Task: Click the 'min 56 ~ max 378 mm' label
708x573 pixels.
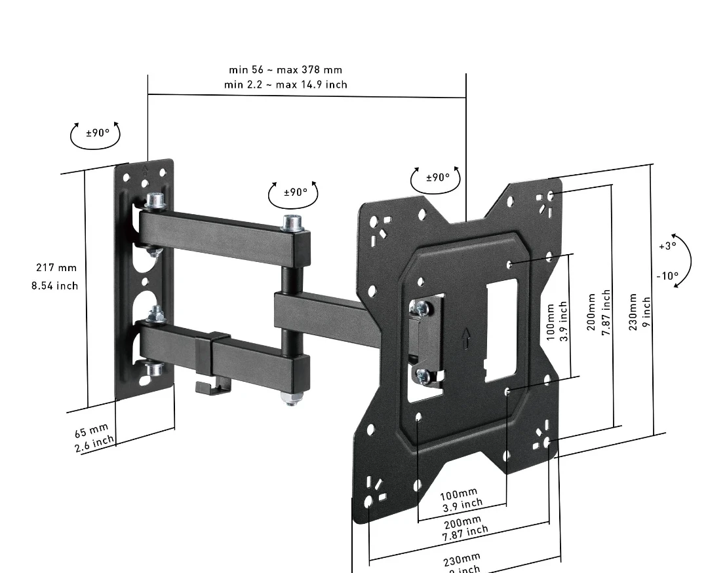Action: tap(285, 69)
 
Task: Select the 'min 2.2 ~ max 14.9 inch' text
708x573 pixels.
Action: tap(285, 84)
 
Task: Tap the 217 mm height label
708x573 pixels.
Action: tap(56, 267)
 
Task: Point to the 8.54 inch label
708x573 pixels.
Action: tap(54, 286)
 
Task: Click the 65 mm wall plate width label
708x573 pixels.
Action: tap(91, 432)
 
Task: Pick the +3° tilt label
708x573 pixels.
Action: tap(667, 246)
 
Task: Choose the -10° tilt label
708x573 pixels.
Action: tap(667, 276)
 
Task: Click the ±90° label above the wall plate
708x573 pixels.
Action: tap(98, 134)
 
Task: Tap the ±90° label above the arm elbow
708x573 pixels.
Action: tap(296, 193)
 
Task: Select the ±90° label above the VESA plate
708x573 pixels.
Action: tap(438, 177)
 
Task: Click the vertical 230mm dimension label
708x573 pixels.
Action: tap(633, 312)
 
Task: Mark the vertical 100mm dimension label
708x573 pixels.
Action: tap(550, 321)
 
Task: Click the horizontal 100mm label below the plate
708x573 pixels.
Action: tap(459, 494)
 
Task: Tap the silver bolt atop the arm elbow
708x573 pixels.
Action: tap(292, 223)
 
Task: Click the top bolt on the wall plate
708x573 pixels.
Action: tap(155, 200)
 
